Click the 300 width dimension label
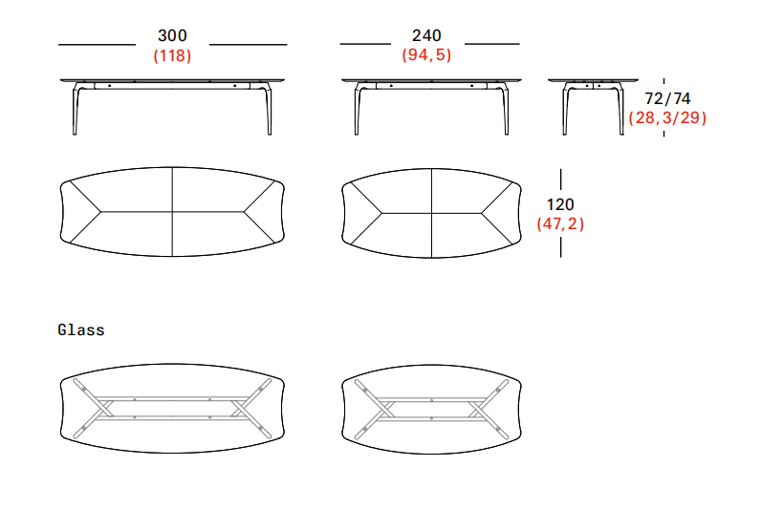[x=172, y=35]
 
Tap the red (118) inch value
[x=172, y=55]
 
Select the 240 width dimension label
[x=426, y=35]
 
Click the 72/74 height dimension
[x=668, y=98]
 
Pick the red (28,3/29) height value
[x=668, y=117]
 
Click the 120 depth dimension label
[x=560, y=204]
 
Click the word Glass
[x=81, y=330]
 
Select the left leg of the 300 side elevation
[x=76, y=109]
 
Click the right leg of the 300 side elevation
[x=269, y=109]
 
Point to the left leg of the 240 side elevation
[x=358, y=109]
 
